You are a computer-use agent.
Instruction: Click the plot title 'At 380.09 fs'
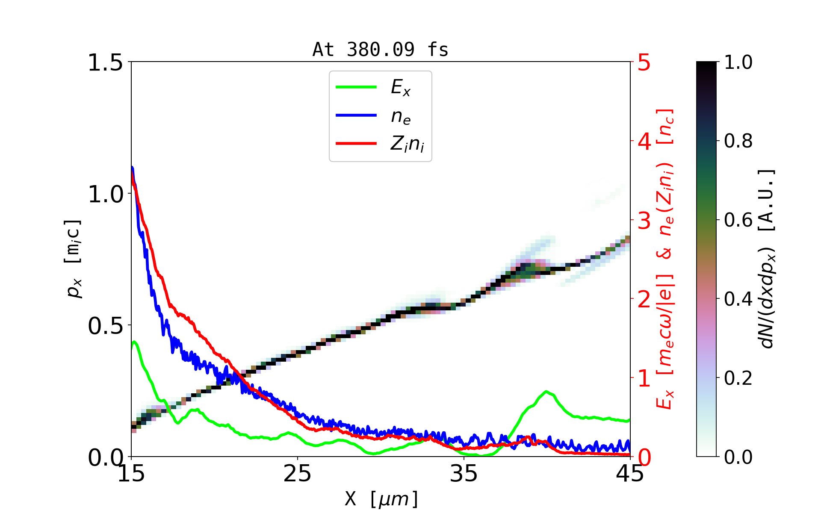click(380, 50)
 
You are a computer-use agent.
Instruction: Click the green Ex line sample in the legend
click(356, 87)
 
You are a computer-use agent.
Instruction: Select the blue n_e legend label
click(401, 116)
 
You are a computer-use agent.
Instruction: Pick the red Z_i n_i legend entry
click(407, 144)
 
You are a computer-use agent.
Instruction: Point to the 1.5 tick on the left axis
click(105, 63)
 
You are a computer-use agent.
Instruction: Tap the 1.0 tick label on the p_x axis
click(105, 195)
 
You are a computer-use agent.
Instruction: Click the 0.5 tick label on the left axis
click(105, 326)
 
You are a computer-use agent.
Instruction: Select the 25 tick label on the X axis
click(298, 474)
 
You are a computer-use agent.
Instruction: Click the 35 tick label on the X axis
click(464, 474)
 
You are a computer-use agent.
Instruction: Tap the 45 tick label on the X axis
click(630, 474)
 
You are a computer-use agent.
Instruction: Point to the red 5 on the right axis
click(644, 63)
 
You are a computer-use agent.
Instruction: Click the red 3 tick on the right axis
click(644, 221)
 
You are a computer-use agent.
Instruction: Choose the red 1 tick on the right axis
click(644, 378)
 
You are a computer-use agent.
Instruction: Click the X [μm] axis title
click(381, 498)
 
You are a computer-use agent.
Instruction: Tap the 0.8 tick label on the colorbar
click(738, 141)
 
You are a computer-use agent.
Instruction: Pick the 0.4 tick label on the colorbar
click(738, 299)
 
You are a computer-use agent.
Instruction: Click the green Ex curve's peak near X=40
click(546, 391)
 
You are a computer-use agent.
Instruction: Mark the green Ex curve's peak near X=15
click(135, 342)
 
